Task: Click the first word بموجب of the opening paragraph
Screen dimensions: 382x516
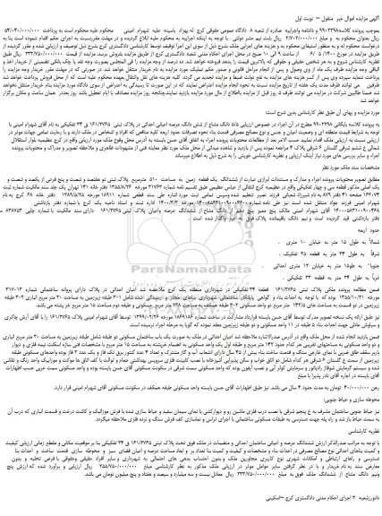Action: pyautogui.click(x=370, y=18)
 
